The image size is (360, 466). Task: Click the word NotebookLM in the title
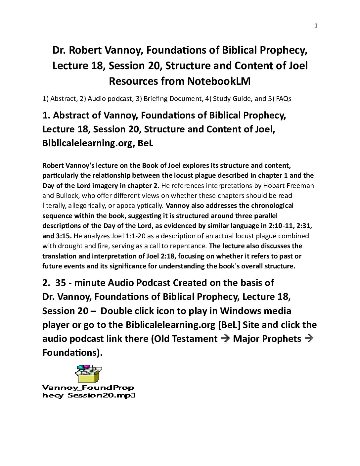[x=218, y=81]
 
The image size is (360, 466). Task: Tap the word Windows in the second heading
[x=241, y=311]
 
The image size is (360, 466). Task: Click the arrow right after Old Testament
[x=225, y=339]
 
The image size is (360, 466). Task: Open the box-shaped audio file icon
[x=88, y=374]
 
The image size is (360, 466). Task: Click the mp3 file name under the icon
[x=88, y=392]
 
